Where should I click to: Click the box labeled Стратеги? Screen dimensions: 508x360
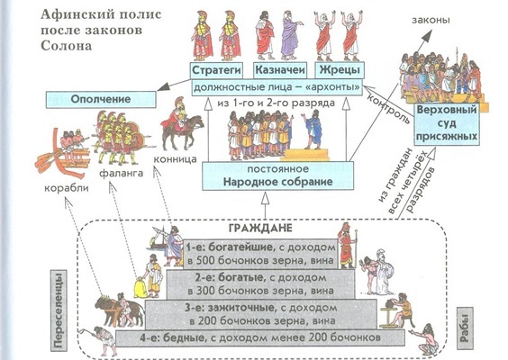point(216,70)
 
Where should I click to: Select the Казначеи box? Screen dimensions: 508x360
point(279,70)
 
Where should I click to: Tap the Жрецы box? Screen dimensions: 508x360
point(340,70)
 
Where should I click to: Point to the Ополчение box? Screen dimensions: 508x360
point(101,99)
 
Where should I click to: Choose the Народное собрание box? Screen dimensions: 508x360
point(277,175)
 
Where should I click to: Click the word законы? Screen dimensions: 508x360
point(431,20)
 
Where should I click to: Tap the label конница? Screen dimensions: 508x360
point(175,159)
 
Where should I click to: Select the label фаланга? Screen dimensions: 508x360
point(122,173)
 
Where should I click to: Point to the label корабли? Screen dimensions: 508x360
point(67,188)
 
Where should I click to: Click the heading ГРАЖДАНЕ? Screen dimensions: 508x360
point(260,228)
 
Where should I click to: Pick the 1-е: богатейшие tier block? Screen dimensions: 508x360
point(260,254)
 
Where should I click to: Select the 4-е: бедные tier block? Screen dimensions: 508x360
point(260,338)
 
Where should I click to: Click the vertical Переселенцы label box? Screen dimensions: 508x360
point(59,310)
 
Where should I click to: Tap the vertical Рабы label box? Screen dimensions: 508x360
point(465,328)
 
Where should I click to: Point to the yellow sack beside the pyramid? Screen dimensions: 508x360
point(141,287)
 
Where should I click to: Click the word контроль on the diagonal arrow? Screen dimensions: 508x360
point(389,109)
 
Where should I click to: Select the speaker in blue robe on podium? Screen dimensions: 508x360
point(313,129)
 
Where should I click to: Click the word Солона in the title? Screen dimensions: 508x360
point(67,46)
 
